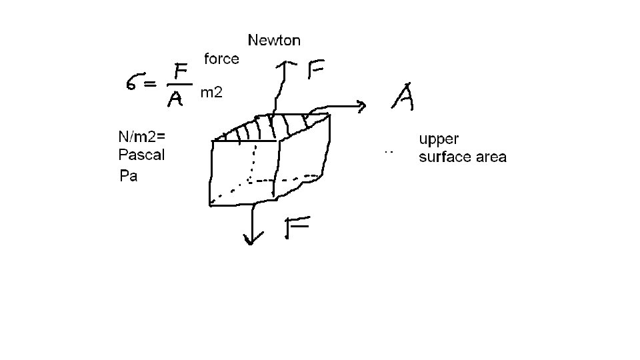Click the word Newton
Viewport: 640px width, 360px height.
[274, 40]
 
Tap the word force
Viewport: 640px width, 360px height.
[221, 59]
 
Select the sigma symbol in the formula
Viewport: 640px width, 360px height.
[134, 83]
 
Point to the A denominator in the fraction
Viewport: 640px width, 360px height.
[175, 99]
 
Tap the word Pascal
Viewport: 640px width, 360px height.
[141, 155]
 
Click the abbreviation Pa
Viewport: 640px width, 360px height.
[128, 176]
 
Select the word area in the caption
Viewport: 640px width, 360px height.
[492, 158]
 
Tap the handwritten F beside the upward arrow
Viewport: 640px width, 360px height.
[318, 69]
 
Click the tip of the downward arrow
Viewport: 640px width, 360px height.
[251, 244]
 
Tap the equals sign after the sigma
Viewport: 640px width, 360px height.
[151, 85]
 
